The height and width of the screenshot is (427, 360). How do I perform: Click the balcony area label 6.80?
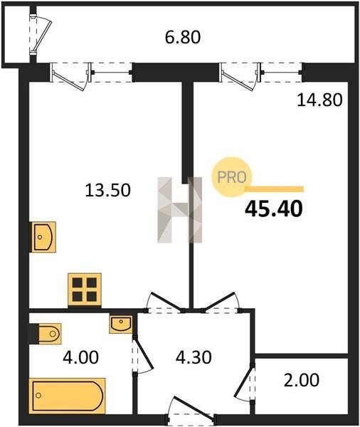tap(183, 37)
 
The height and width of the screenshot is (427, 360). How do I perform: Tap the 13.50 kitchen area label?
tap(108, 190)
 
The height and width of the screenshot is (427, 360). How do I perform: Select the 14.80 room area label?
tap(319, 100)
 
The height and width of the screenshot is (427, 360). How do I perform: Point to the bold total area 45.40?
tap(274, 209)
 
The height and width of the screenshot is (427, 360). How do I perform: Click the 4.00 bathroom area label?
tap(80, 357)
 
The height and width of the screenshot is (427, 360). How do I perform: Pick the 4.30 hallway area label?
tap(194, 357)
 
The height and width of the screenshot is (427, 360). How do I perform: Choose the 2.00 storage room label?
tap(302, 380)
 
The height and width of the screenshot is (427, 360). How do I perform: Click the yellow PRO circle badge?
tap(232, 177)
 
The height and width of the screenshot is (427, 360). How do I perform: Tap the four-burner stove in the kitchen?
tap(85, 290)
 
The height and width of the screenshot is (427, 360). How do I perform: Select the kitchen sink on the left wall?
tap(43, 237)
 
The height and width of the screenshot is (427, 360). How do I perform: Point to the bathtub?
tap(68, 396)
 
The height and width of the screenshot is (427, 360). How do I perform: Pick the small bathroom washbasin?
tap(121, 324)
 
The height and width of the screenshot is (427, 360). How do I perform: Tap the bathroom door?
tap(142, 356)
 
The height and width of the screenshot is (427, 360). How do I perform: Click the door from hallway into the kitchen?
tap(164, 303)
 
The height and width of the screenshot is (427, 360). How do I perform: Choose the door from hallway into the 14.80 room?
tap(221, 303)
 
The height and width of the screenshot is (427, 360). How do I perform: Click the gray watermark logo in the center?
tap(180, 210)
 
